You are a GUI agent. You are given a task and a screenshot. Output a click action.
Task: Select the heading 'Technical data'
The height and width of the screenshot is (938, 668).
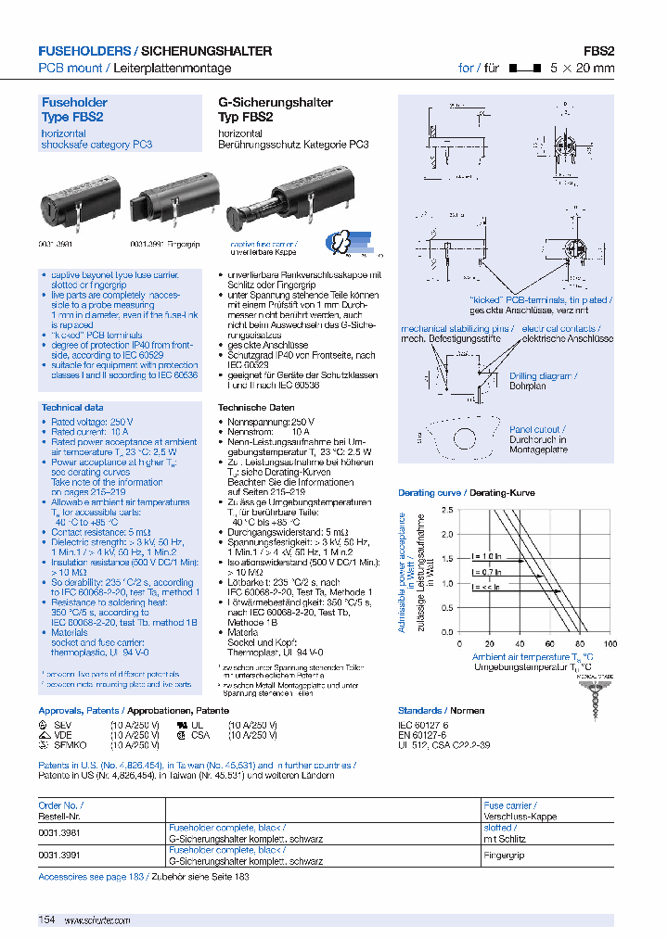tap(72, 408)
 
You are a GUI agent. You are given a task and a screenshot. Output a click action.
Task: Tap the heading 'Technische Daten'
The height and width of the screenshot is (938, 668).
tap(256, 408)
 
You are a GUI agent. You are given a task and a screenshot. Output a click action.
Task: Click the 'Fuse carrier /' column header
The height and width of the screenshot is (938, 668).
tap(509, 806)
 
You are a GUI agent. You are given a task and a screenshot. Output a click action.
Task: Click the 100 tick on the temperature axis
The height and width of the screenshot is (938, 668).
tap(610, 643)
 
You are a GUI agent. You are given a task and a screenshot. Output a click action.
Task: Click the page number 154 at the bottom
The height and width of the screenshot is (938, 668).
tap(47, 919)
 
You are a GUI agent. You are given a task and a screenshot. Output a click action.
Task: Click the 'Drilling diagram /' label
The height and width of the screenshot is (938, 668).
tap(543, 375)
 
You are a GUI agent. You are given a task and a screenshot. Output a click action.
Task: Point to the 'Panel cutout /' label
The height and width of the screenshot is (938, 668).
tap(536, 429)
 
